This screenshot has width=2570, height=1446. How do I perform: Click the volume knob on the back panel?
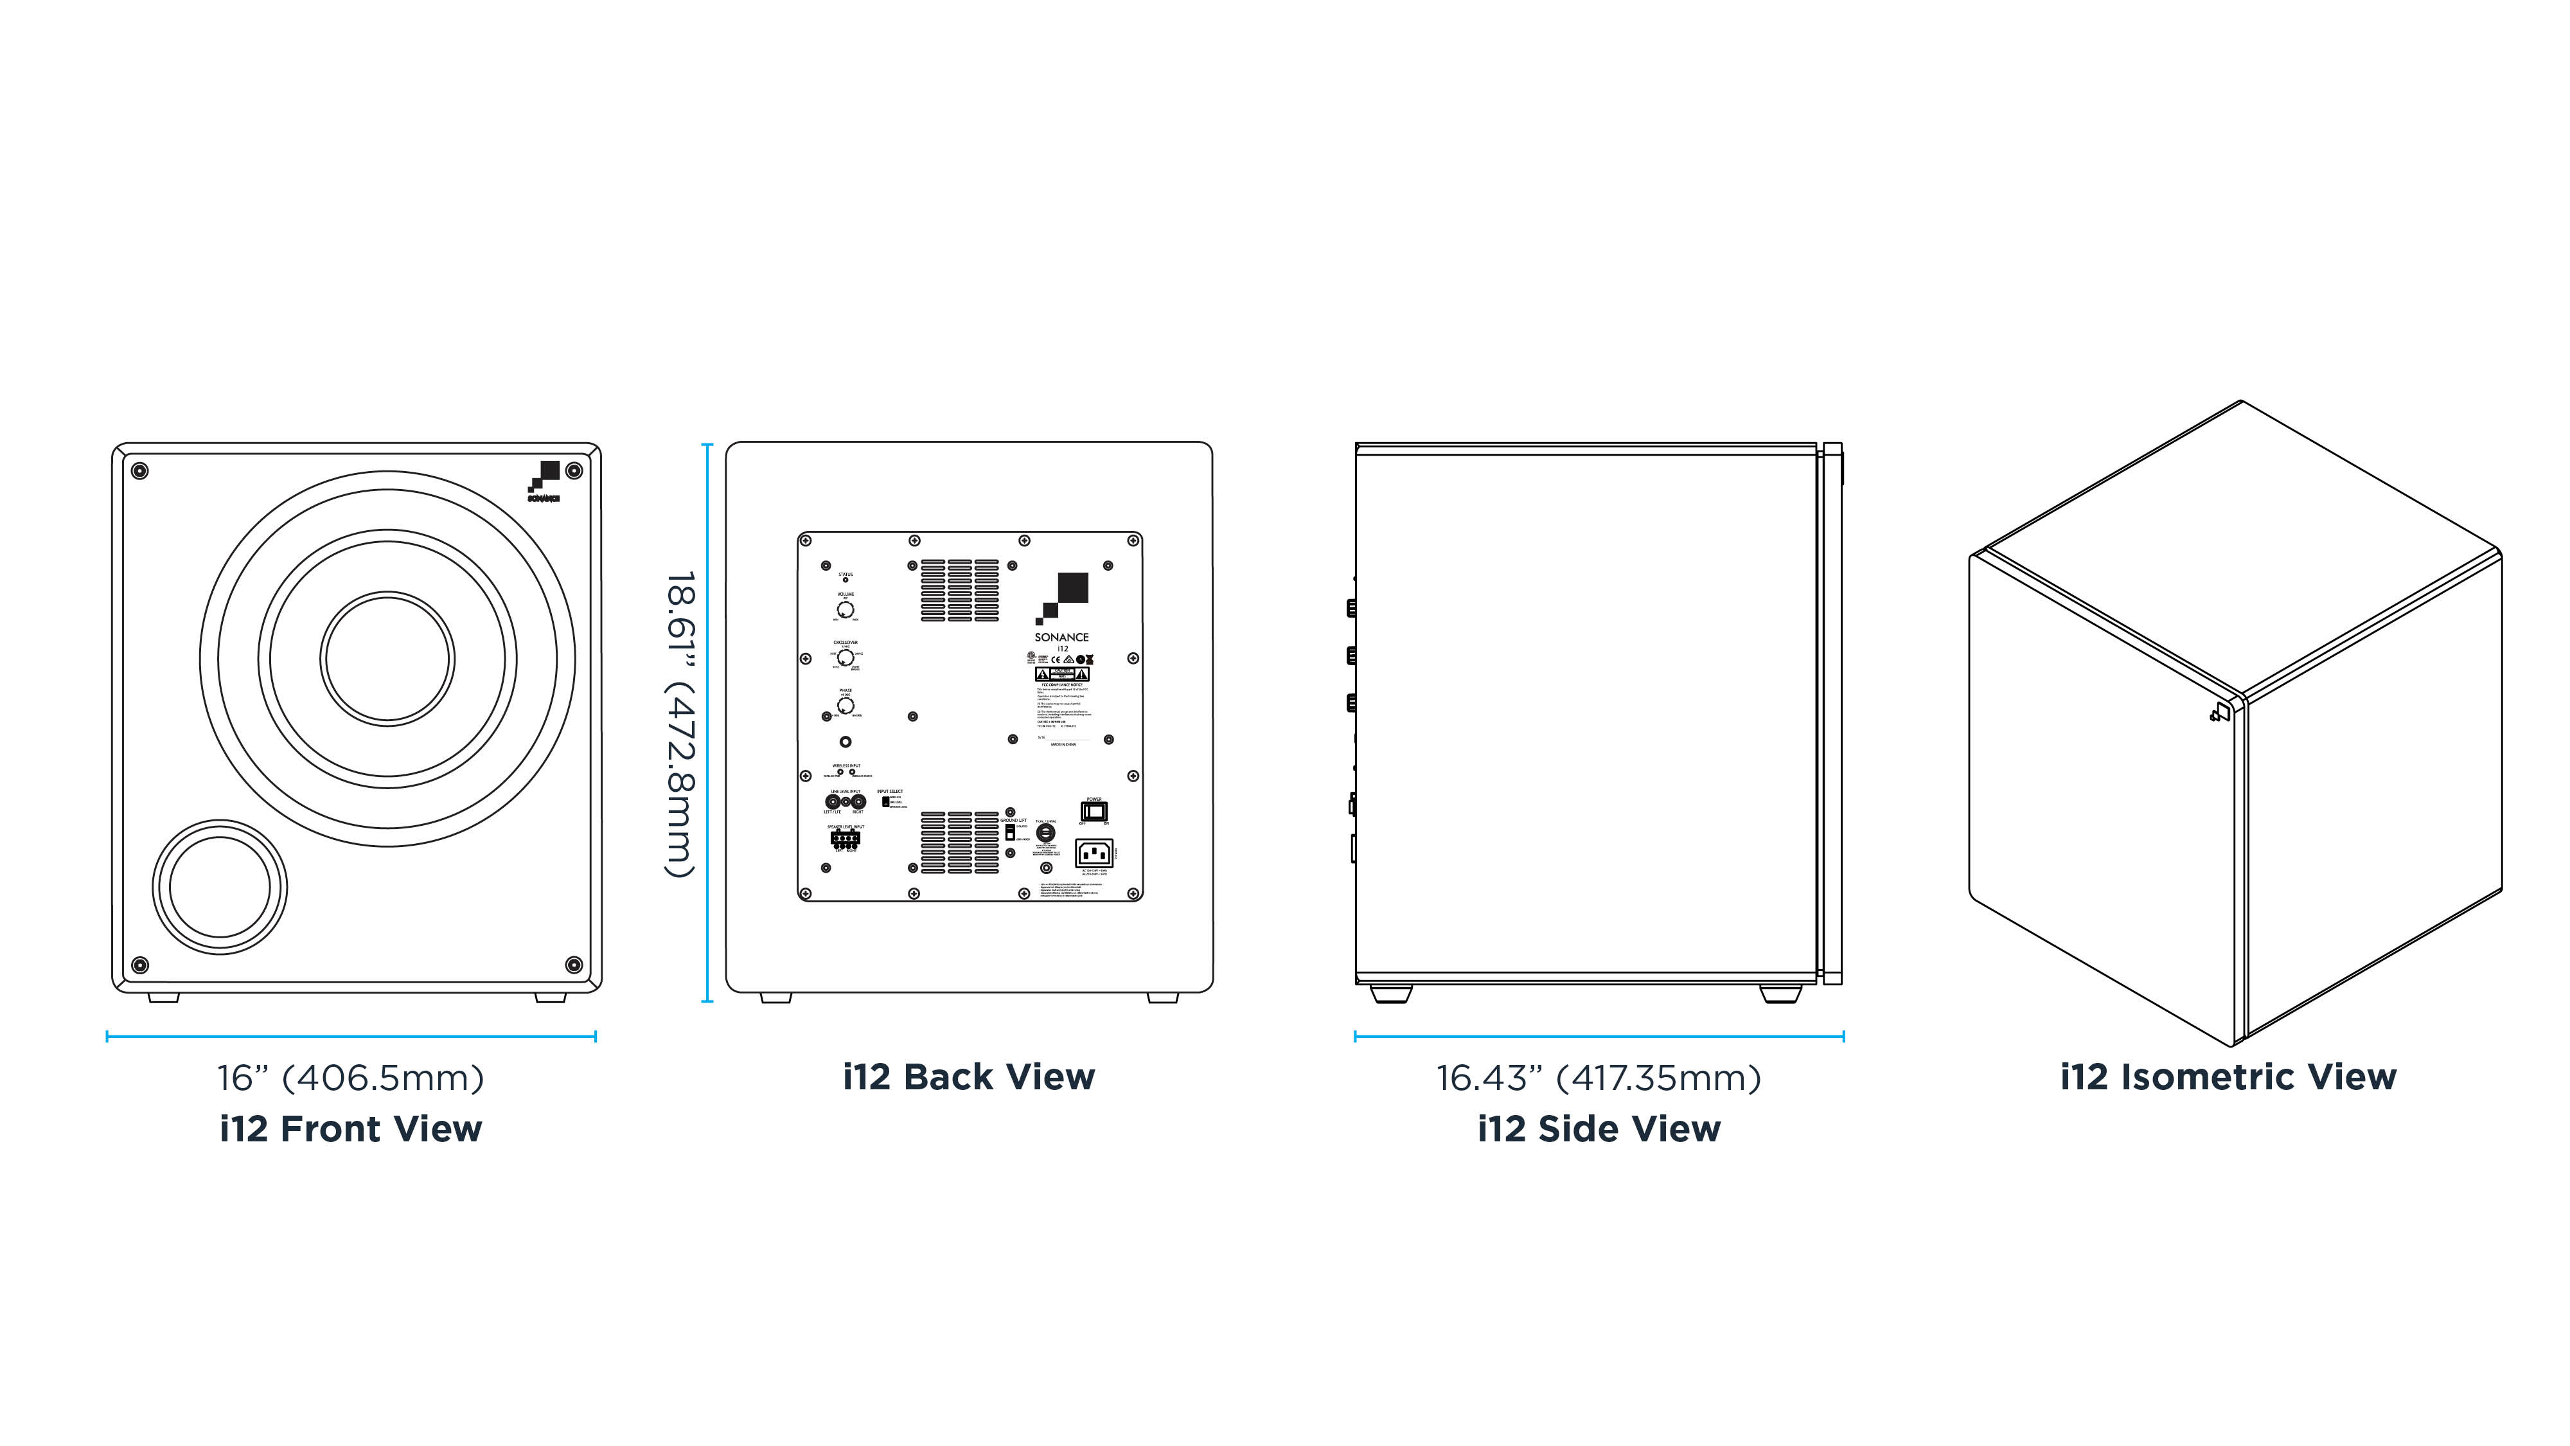click(x=845, y=609)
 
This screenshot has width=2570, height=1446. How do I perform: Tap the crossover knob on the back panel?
click(x=845, y=657)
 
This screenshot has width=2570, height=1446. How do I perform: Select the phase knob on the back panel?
click(x=845, y=706)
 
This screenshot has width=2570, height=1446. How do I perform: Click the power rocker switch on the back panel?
click(x=1094, y=811)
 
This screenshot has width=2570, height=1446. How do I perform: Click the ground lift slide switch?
click(x=1009, y=831)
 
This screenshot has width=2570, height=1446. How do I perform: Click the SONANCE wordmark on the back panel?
click(x=1061, y=637)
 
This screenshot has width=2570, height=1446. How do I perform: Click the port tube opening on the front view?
click(x=220, y=887)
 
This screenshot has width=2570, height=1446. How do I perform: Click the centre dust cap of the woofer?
click(x=387, y=659)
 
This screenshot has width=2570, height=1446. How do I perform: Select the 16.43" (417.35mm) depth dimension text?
click(x=1599, y=1078)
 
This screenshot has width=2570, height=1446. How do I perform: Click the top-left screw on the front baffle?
click(x=139, y=470)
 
